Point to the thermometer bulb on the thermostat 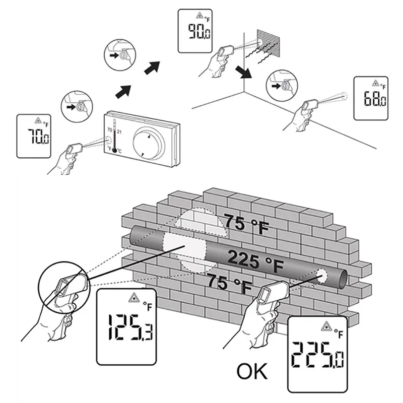[114, 150]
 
